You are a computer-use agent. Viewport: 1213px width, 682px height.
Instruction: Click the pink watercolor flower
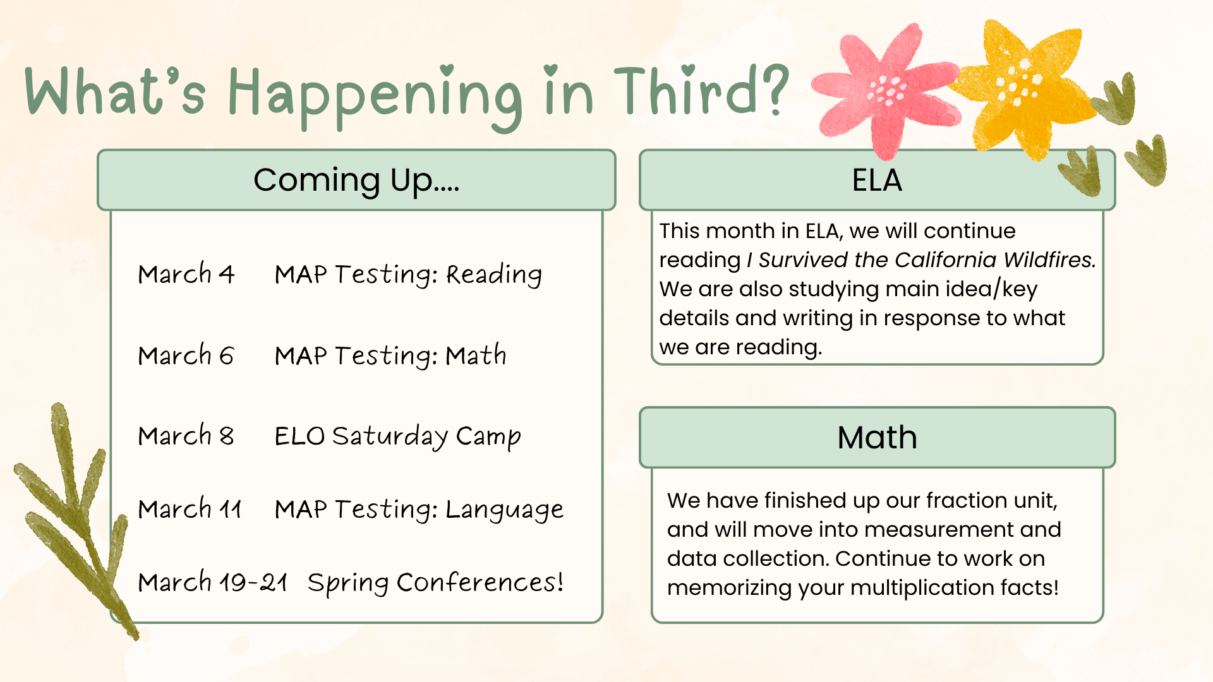pos(888,92)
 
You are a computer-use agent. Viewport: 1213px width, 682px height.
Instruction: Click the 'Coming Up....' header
pos(356,180)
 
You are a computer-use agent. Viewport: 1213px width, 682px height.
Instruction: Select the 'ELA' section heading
pos(877,180)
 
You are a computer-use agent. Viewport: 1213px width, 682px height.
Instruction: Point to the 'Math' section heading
pos(877,437)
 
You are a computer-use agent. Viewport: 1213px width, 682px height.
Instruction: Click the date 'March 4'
pos(186,274)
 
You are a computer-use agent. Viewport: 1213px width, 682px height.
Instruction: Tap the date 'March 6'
pos(186,356)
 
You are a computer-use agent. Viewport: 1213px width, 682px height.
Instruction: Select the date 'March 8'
pos(186,436)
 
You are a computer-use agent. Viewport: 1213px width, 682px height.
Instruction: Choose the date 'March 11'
pos(190,509)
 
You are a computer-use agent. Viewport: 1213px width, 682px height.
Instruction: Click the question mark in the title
pos(772,90)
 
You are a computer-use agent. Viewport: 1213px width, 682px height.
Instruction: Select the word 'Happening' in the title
pos(375,95)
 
